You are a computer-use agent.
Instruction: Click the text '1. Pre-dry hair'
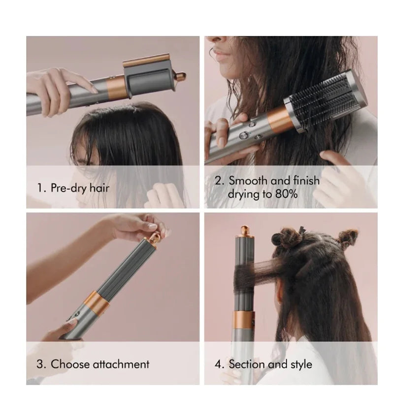73,188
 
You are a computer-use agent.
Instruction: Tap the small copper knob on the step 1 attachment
181,77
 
